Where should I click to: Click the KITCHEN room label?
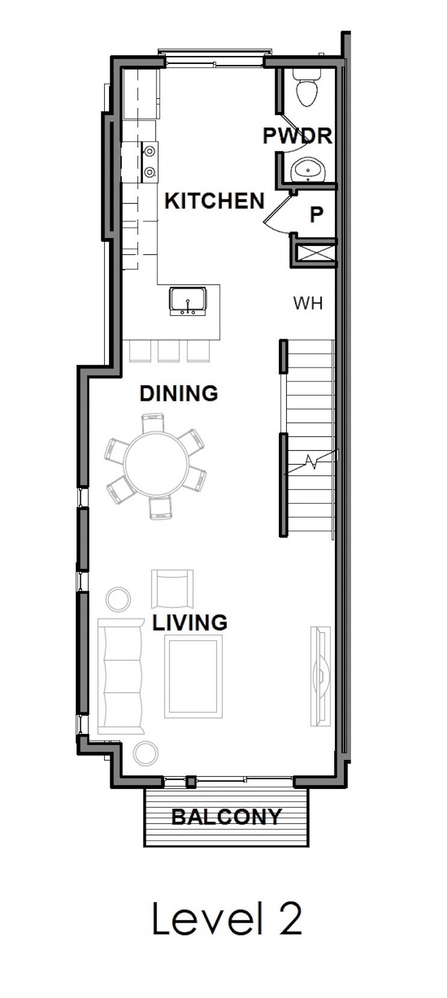tap(214, 201)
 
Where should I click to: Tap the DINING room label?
tap(178, 394)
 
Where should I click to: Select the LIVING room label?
tap(190, 622)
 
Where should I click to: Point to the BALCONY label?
tap(227, 817)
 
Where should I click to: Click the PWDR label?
tap(297, 136)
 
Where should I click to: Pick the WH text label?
tap(308, 303)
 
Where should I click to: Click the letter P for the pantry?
tap(316, 214)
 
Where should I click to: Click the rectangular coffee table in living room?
tap(192, 677)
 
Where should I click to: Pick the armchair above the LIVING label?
tap(172, 589)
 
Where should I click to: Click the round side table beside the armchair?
tap(118, 599)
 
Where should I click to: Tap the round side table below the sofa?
tap(146, 753)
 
